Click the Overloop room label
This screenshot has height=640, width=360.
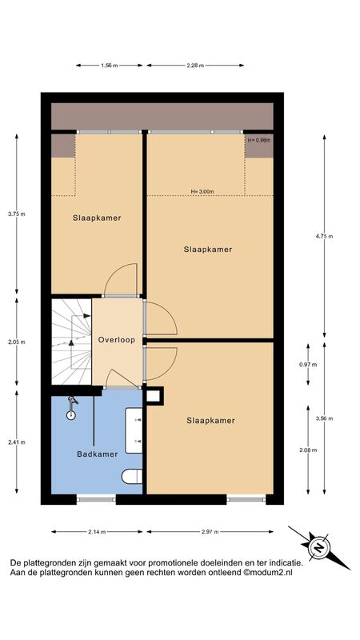[x=116, y=339]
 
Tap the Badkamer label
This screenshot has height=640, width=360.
[x=98, y=454]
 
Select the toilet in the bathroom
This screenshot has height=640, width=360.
[x=132, y=476]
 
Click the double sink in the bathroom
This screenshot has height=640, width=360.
[x=134, y=430]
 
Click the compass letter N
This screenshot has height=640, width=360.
[x=320, y=547]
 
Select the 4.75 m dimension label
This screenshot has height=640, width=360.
[x=325, y=236]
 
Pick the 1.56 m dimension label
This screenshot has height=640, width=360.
[x=109, y=66]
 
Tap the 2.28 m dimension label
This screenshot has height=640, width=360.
[x=195, y=66]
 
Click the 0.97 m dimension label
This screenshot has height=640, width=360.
[x=308, y=365]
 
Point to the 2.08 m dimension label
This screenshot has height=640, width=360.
[x=308, y=450]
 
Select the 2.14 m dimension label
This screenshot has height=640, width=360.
[x=97, y=531]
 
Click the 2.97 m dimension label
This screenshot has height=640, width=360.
[x=210, y=531]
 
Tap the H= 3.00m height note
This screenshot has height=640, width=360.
[x=202, y=191]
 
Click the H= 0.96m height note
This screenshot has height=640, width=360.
[x=259, y=140]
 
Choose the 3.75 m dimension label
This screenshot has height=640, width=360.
[x=17, y=214]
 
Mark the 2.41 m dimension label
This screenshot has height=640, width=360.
[x=17, y=442]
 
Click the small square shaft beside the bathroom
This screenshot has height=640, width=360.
[x=154, y=396]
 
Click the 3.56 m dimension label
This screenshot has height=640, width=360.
[x=325, y=418]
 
